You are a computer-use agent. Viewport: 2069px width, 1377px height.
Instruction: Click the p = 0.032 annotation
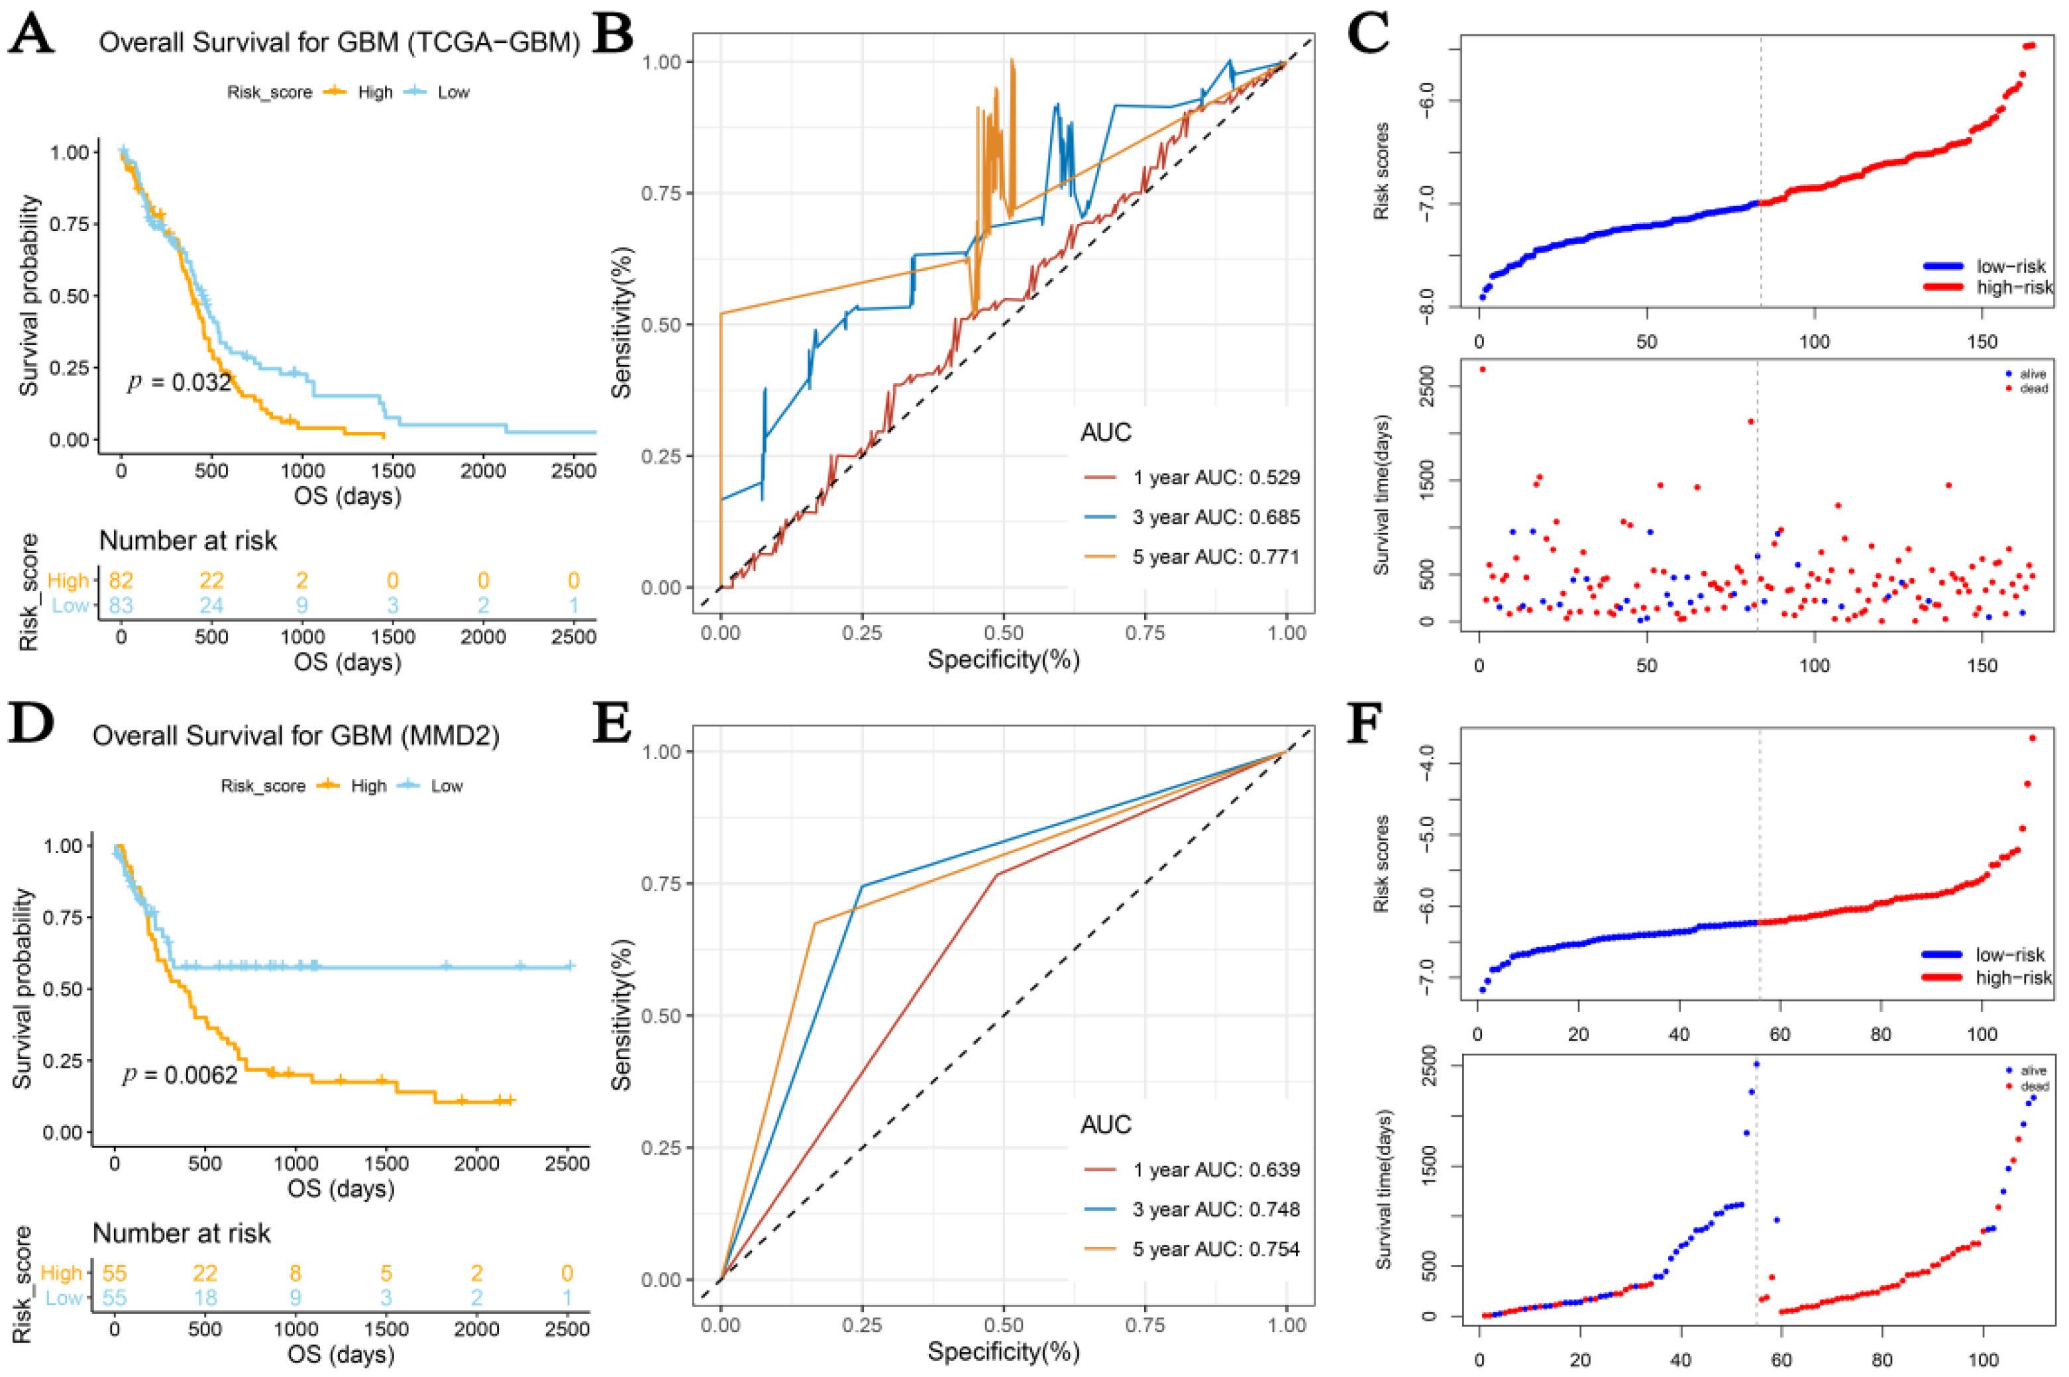click(179, 382)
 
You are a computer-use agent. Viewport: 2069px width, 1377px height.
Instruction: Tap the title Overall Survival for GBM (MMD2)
click(296, 735)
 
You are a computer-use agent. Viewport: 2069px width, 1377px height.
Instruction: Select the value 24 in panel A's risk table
click(211, 605)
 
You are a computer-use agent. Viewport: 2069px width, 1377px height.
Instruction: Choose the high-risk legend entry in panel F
click(2013, 978)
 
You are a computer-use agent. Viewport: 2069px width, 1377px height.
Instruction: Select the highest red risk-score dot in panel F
click(2032, 739)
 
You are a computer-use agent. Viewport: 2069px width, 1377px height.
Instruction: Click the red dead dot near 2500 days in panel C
click(1483, 370)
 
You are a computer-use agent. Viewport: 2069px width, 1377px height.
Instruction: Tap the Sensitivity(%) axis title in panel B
click(621, 325)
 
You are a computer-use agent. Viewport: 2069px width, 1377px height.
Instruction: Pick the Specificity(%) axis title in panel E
click(1003, 1352)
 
